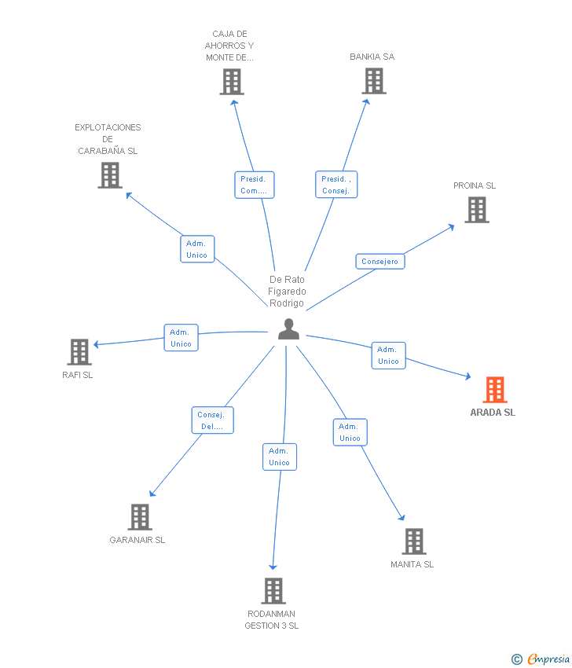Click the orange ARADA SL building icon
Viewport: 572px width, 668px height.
[494, 389]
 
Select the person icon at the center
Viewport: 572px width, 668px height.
[288, 329]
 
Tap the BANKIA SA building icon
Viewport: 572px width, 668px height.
[374, 80]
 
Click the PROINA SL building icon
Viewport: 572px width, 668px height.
[476, 210]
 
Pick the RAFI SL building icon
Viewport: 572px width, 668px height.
[79, 352]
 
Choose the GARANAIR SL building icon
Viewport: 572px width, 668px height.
[140, 516]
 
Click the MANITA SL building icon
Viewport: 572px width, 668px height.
[413, 541]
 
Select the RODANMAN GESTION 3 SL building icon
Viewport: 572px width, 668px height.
[273, 590]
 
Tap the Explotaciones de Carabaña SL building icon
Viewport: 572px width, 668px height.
[110, 174]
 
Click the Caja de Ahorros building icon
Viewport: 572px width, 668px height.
[231, 81]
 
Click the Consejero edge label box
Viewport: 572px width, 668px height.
[380, 262]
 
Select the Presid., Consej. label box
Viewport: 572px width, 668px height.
[336, 185]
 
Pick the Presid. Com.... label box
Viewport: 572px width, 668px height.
[255, 185]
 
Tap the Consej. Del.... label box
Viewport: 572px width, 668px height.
[212, 420]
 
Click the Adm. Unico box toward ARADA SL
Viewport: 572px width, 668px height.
[388, 355]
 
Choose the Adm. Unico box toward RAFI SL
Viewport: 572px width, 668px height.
[181, 338]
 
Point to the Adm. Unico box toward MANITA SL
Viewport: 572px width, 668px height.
[350, 432]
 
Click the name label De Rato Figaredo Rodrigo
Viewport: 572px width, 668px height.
[287, 291]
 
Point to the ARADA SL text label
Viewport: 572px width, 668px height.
[493, 413]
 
